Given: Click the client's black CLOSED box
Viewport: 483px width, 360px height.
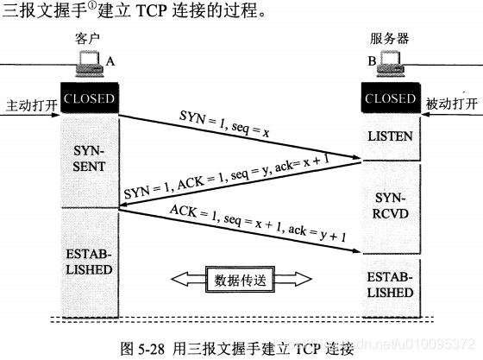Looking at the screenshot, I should [x=87, y=98].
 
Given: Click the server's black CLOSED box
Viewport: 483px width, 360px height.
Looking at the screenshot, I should [x=390, y=98].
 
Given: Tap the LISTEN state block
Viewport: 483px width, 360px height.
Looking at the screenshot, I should [x=390, y=136].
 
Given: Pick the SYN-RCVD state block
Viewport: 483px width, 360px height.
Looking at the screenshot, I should [x=390, y=205].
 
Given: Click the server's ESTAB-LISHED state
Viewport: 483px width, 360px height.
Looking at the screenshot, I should [x=390, y=285].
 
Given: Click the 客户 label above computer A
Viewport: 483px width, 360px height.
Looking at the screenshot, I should [x=88, y=41].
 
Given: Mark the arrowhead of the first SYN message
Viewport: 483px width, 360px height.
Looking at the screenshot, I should [x=356, y=159].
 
